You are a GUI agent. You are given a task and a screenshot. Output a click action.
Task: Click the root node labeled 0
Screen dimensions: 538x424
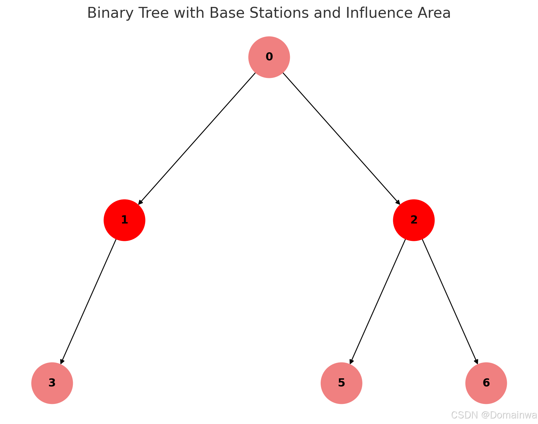[269, 57]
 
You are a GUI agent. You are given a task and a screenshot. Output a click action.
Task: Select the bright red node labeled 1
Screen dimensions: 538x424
[124, 220]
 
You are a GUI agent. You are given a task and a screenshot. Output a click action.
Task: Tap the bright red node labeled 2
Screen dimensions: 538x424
[414, 220]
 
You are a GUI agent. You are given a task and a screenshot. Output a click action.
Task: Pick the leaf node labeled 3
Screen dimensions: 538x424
[52, 383]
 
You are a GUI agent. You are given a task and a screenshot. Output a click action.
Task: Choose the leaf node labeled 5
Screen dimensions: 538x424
[341, 383]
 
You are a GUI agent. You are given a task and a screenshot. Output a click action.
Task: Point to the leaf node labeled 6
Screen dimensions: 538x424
[486, 383]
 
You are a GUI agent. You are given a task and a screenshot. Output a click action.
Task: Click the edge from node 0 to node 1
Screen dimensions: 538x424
[197, 138]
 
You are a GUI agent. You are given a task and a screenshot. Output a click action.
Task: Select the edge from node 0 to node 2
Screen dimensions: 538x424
[341, 138]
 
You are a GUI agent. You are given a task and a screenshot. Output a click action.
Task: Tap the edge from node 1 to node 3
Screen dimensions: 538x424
[89, 301]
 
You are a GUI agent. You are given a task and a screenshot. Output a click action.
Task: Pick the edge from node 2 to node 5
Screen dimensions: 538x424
[378, 301]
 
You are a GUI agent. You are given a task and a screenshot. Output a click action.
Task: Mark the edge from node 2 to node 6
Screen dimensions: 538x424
[450, 301]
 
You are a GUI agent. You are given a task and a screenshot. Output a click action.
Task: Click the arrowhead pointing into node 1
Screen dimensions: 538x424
[140, 202]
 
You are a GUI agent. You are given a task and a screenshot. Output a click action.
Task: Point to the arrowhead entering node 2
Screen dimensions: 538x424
[398, 202]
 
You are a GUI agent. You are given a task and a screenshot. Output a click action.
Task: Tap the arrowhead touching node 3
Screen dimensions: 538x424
[62, 362]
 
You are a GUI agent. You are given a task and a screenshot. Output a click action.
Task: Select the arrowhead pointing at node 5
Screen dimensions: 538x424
[351, 362]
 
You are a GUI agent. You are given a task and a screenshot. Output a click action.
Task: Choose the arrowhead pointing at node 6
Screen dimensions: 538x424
[476, 362]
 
